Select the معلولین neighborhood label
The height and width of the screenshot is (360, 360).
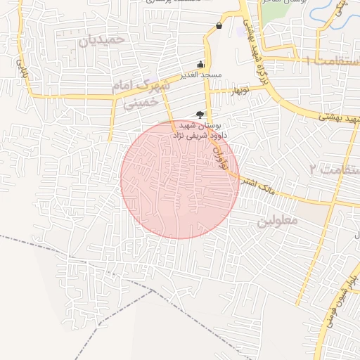pos(277,220)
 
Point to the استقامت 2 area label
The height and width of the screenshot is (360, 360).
pos(329,169)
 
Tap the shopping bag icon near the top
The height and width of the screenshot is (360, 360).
pos(219,26)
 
